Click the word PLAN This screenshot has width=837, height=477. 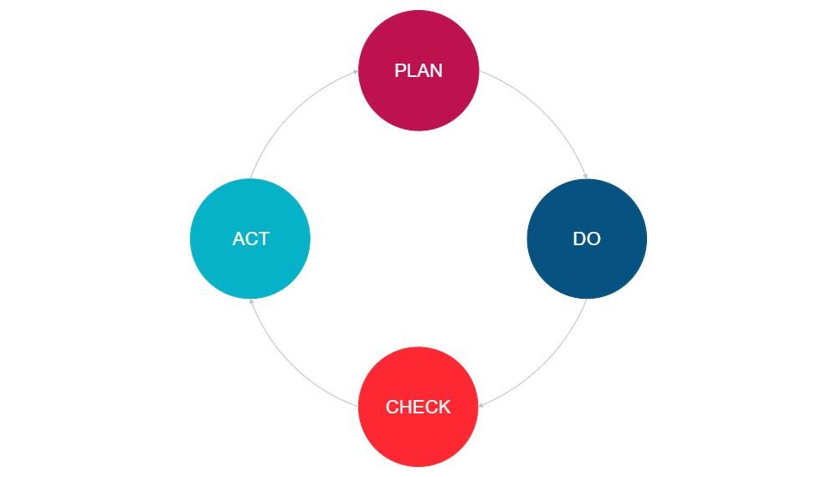(418, 71)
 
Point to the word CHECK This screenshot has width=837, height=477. (418, 408)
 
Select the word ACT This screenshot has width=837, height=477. (250, 239)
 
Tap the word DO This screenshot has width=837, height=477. (587, 239)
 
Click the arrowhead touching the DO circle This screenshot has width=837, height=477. (586, 177)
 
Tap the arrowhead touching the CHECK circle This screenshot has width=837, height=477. (481, 406)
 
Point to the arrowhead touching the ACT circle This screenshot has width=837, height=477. (251, 301)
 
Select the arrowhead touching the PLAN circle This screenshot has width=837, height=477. (356, 72)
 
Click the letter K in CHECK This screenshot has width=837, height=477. (444, 408)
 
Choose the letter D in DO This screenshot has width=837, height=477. (579, 239)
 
